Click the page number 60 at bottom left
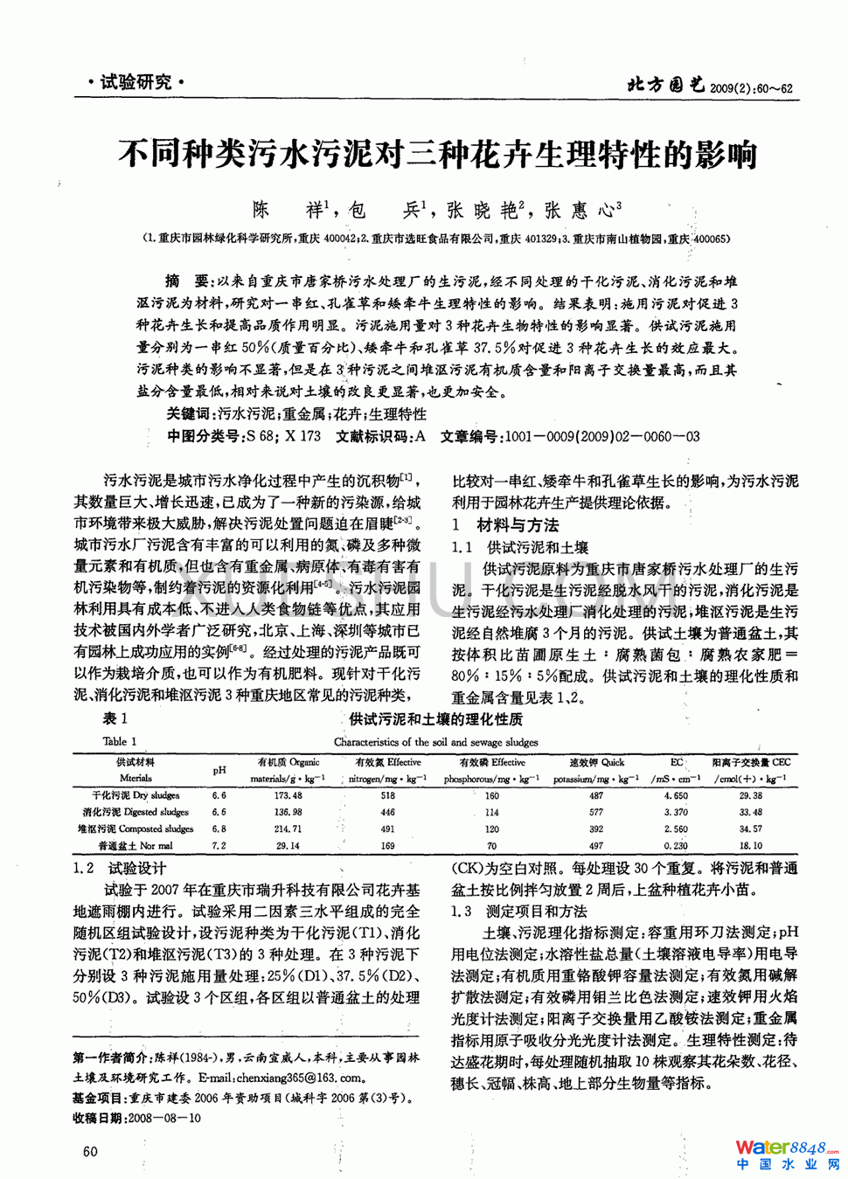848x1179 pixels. click(90, 1151)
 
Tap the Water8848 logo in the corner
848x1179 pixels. click(787, 1154)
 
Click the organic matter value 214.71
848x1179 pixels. click(288, 829)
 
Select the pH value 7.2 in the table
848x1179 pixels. click(219, 845)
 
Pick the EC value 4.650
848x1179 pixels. click(675, 795)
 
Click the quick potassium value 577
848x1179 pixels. click(595, 812)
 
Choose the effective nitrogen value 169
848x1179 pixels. click(387, 845)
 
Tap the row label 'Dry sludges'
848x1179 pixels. click(136, 795)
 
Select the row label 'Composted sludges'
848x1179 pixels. click(136, 829)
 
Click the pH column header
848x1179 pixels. click(219, 770)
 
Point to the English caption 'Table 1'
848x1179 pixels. click(120, 741)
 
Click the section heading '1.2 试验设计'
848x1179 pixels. click(120, 868)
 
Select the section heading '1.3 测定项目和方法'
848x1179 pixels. click(519, 911)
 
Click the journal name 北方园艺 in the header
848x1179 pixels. click(665, 85)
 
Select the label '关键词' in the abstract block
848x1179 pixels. click(189, 414)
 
